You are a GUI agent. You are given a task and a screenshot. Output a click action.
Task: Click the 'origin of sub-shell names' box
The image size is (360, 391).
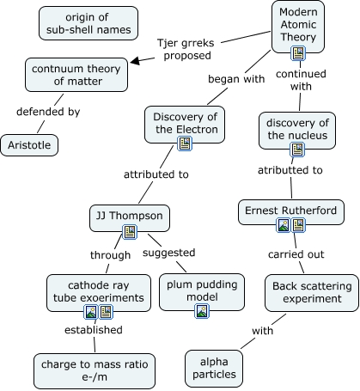88,23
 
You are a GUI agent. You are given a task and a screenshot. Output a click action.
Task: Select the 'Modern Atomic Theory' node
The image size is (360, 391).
298,27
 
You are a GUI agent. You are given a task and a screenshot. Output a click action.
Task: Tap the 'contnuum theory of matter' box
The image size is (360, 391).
76,75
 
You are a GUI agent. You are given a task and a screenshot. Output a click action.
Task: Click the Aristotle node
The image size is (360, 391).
29,145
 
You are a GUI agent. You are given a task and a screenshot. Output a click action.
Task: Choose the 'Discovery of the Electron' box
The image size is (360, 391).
185,125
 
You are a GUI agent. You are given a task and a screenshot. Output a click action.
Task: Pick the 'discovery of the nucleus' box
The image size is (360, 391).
297,131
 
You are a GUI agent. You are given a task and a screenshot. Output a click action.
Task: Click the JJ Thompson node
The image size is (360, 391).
130,218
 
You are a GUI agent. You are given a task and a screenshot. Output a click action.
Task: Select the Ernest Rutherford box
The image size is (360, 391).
291,212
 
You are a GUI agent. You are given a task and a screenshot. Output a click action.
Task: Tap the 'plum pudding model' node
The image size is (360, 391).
202,292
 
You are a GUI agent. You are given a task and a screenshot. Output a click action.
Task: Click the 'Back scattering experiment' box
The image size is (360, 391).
312,293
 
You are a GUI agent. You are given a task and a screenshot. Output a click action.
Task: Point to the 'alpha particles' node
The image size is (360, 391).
214,369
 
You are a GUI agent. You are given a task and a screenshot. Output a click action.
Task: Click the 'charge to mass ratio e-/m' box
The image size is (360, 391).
95,371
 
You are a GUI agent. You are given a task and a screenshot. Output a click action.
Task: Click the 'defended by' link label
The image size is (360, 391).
48,112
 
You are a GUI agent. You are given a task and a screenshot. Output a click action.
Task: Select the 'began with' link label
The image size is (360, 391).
236,79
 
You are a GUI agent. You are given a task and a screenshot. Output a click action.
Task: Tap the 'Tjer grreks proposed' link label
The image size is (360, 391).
186,49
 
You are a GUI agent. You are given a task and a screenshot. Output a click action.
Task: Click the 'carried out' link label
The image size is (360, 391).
296,254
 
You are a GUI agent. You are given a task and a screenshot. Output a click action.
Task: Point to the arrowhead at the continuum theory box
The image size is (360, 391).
135,61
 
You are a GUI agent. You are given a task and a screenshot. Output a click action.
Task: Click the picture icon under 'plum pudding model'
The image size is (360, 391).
202,311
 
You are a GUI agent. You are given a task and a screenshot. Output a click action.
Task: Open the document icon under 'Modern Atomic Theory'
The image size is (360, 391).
298,53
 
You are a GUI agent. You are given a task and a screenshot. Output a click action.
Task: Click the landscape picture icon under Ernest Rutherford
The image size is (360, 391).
284,225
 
